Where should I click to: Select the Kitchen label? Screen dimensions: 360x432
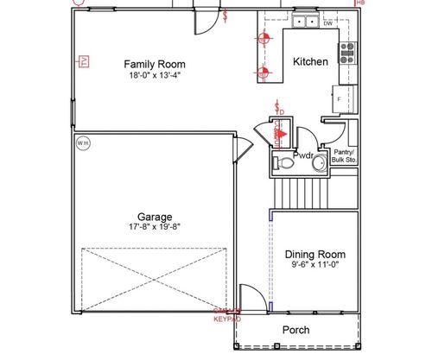(x=309, y=61)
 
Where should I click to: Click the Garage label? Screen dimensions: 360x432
(x=154, y=217)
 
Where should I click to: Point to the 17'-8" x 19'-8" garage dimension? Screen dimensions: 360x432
(x=154, y=227)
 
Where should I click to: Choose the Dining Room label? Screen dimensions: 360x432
(x=315, y=255)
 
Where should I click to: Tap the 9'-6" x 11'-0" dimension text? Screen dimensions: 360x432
(x=315, y=266)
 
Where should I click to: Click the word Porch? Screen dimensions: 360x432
(x=296, y=330)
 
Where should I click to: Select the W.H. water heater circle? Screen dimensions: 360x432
(x=83, y=142)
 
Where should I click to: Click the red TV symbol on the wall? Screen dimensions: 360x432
(x=84, y=60)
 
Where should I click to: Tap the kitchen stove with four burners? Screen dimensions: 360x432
(x=347, y=53)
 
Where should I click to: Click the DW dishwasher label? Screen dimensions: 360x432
(x=327, y=23)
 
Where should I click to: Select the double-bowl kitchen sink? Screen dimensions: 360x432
(x=303, y=22)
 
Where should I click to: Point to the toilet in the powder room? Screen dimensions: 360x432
(x=282, y=161)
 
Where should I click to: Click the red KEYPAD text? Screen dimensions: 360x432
(x=227, y=319)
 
